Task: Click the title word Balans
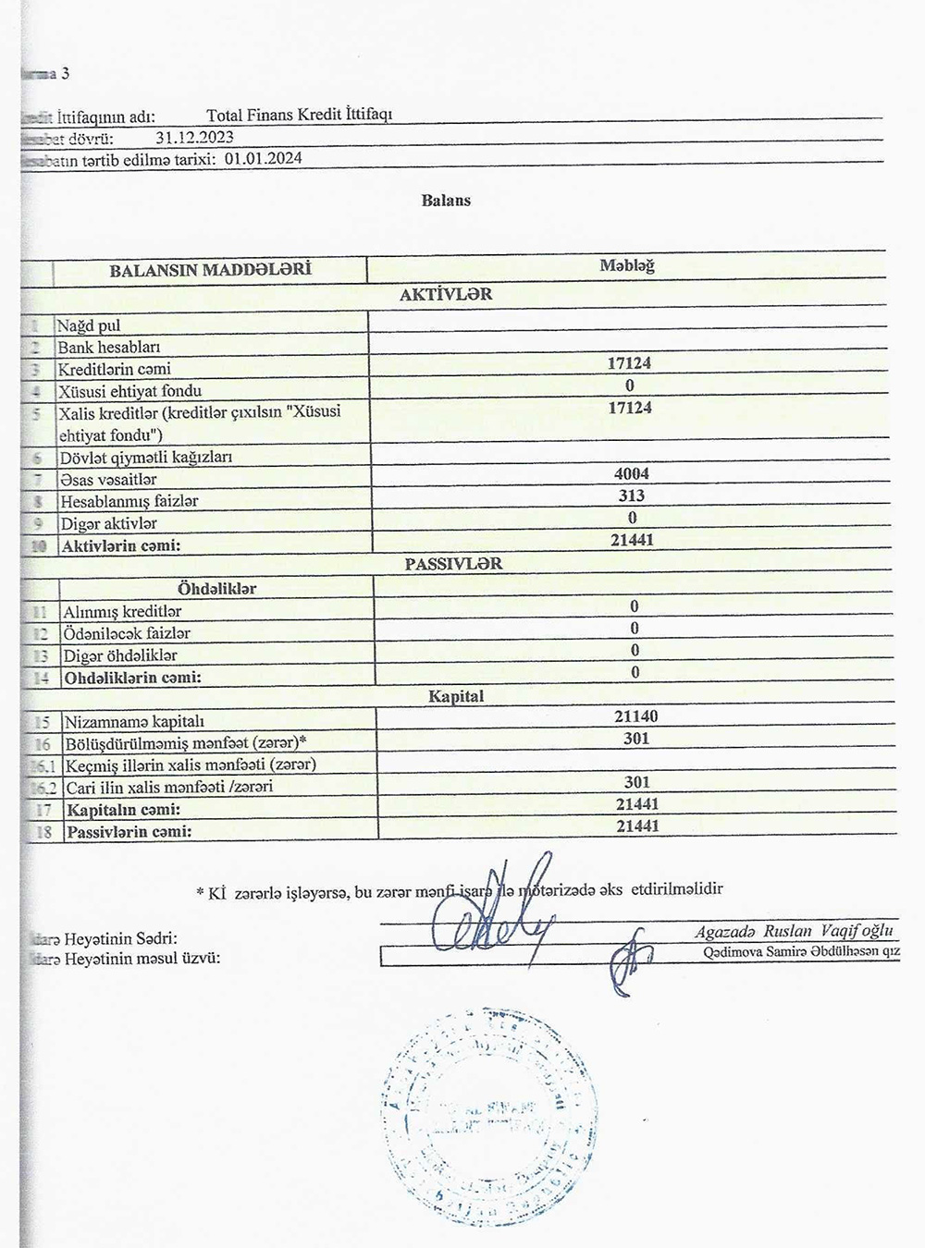(446, 201)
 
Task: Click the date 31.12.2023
(194, 138)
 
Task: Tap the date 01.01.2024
(263, 158)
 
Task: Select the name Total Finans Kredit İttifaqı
(300, 116)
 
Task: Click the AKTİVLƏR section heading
(446, 295)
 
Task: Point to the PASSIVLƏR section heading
(453, 564)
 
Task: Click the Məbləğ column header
(626, 266)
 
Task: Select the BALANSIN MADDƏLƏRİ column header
(210, 270)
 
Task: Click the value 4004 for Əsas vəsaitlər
(631, 474)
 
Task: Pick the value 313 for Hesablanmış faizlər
(631, 496)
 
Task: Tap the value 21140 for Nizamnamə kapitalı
(636, 716)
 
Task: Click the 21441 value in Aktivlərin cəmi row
(632, 539)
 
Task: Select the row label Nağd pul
(89, 325)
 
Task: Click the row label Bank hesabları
(109, 348)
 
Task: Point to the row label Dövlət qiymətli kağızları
(145, 457)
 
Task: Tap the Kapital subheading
(455, 696)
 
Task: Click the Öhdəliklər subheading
(216, 588)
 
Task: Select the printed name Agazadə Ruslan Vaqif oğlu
(794, 932)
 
